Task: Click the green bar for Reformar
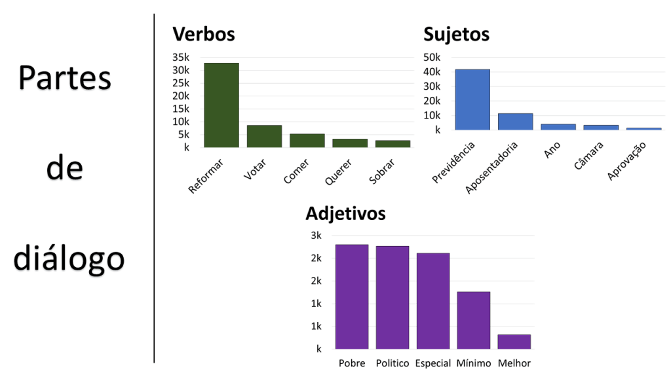[x=221, y=105]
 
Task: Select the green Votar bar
[x=264, y=136]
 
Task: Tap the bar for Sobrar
[x=393, y=143]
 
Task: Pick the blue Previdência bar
[x=472, y=99]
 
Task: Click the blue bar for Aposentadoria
[x=515, y=122]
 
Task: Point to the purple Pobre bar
[x=352, y=296]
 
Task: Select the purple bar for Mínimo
[x=473, y=320]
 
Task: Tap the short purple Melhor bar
[x=514, y=342]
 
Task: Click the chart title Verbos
[x=203, y=34]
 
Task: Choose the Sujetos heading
[x=456, y=34]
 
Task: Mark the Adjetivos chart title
[x=345, y=213]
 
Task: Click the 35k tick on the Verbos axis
[x=181, y=58]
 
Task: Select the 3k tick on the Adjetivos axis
[x=316, y=236]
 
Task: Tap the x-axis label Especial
[x=432, y=363]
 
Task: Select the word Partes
[x=65, y=79]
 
